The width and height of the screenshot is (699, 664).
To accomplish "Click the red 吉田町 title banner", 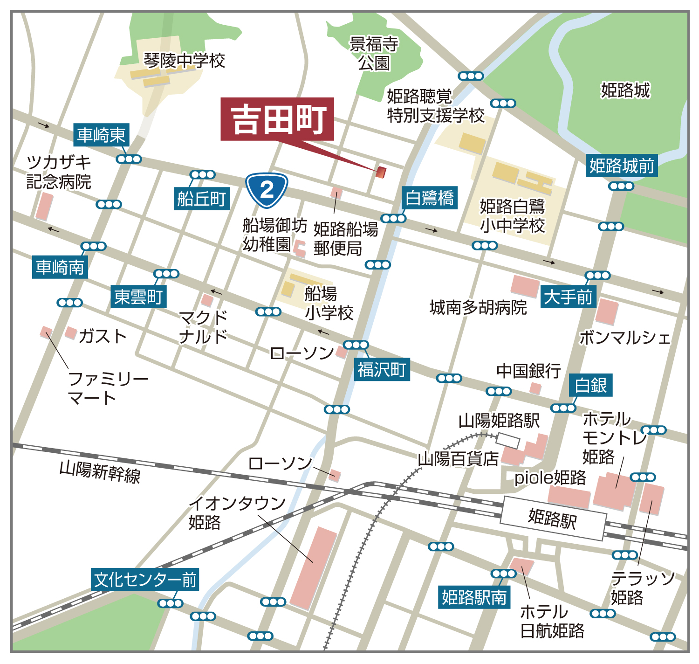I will tap(277, 119).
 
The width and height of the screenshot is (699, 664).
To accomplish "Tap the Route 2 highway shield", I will tap(267, 190).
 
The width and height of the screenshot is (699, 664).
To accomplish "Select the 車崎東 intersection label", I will tap(101, 135).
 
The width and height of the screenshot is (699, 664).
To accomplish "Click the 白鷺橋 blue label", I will tap(429, 198).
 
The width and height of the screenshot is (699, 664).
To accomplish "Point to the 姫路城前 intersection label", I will tap(622, 166).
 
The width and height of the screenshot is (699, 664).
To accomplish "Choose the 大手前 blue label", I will tap(568, 297).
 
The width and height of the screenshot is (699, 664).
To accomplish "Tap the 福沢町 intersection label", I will tap(382, 370).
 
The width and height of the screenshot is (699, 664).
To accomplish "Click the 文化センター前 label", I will tap(145, 580).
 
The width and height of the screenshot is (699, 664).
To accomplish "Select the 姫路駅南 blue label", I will tap(474, 597).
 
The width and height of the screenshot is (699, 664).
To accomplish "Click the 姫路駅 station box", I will tap(553, 518).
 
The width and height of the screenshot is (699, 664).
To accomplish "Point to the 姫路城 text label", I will tap(625, 90).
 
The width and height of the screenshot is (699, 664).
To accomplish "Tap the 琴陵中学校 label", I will tap(184, 61).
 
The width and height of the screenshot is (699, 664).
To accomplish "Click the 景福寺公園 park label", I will tap(374, 54).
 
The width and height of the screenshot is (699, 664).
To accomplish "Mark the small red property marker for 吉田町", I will tap(381, 172).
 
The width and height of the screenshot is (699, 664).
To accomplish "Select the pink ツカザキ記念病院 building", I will tap(44, 206).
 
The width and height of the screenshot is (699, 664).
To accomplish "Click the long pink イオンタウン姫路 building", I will tap(313, 568).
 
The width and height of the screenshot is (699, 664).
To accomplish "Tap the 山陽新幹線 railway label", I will tap(100, 471).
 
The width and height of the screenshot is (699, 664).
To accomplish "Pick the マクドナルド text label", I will tap(204, 327).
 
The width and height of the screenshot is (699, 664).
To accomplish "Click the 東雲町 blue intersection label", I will tap(138, 297).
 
